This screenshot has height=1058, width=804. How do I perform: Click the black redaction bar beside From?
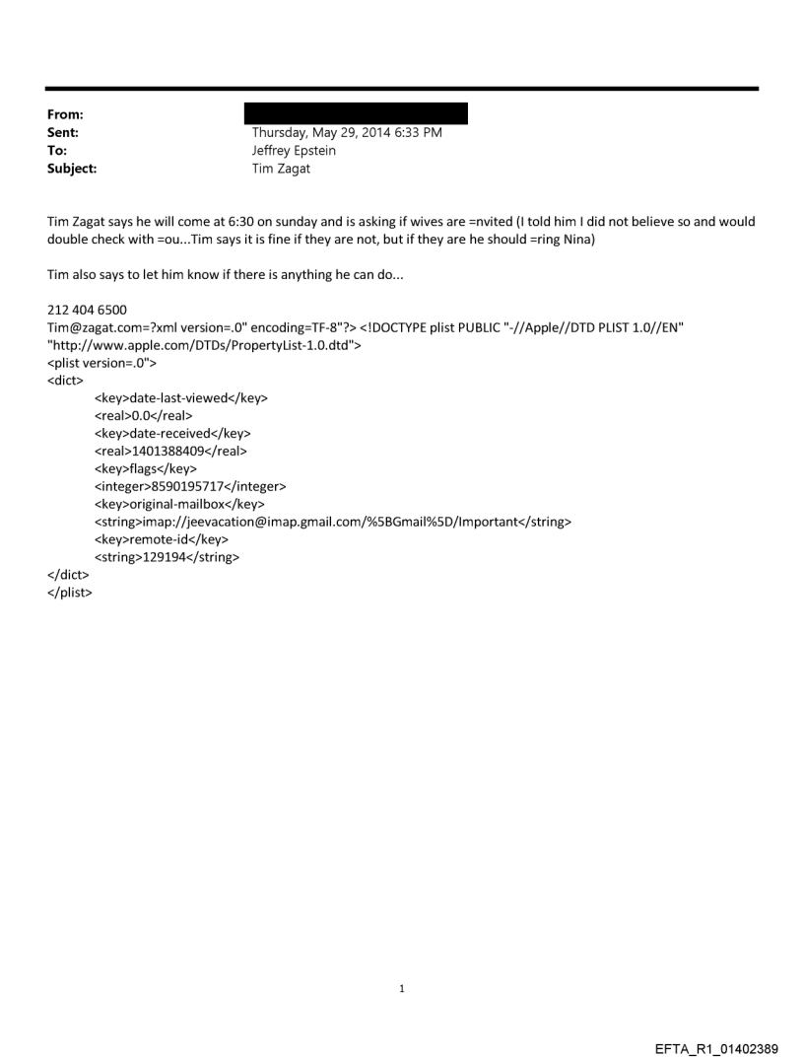(x=356, y=113)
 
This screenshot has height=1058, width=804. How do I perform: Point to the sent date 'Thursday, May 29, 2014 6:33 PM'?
(x=347, y=133)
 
